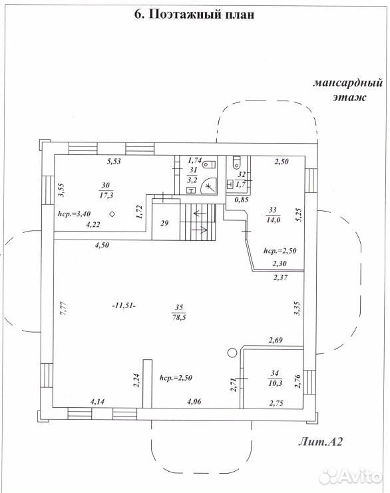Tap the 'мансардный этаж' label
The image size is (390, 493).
point(348,90)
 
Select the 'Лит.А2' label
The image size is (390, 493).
point(320,442)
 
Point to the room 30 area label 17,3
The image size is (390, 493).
point(106,195)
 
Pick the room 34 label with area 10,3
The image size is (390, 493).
point(275,379)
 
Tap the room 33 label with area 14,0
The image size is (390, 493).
point(273,215)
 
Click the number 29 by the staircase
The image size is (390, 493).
point(164,224)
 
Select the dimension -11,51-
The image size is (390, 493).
point(124,305)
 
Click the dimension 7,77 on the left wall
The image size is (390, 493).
point(63,308)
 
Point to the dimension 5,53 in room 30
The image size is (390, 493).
point(114,162)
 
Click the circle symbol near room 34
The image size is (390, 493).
point(232,353)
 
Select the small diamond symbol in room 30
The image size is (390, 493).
point(112,214)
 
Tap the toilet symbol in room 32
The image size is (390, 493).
point(236,162)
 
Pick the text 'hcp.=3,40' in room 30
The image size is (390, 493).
point(75,214)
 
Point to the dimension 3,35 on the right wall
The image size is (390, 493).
point(297,309)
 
